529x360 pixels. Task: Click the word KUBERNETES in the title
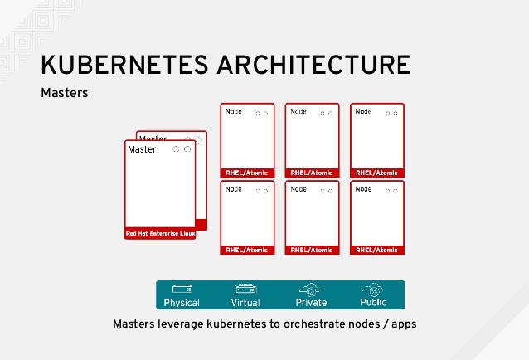tap(124, 65)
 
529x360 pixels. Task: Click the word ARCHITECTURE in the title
tap(313, 65)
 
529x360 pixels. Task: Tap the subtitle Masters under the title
tap(65, 93)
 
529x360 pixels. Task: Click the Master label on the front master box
tap(142, 149)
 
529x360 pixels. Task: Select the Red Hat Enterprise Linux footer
tap(160, 233)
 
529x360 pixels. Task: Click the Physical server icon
tap(182, 289)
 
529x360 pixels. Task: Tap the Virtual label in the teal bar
tap(245, 302)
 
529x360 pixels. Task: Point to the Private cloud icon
tap(309, 289)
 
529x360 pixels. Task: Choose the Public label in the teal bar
tap(373, 302)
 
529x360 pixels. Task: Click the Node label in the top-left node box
tap(234, 112)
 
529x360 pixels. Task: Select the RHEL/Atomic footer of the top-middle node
tap(312, 173)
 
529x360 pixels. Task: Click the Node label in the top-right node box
tap(363, 112)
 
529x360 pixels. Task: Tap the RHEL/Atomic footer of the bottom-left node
tap(247, 250)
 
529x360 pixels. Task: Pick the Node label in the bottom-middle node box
tap(298, 189)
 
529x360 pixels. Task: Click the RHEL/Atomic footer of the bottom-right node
tap(376, 250)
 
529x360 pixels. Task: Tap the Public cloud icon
tap(373, 289)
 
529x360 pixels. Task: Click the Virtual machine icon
tap(245, 289)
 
